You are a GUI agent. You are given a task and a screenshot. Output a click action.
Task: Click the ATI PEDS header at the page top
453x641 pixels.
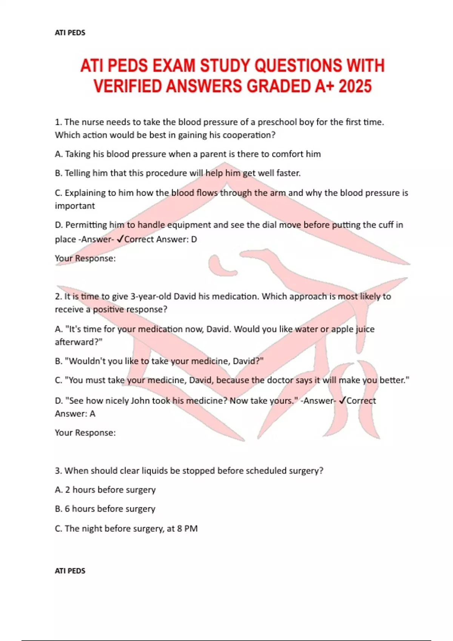tap(70, 33)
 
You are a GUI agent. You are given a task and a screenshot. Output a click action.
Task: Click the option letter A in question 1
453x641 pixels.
tap(58, 154)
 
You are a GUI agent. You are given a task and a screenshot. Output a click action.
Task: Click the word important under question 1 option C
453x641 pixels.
tap(75, 206)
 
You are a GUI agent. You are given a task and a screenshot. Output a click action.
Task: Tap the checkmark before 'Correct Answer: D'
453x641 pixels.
tap(120, 239)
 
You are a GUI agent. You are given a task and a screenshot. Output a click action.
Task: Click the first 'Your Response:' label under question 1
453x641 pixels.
tap(85, 259)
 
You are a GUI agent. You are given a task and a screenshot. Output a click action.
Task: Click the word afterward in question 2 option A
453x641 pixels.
tap(77, 342)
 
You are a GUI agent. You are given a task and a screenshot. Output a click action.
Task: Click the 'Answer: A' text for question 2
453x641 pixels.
tap(75, 414)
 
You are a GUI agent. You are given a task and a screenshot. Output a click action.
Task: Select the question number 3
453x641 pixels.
tap(58, 471)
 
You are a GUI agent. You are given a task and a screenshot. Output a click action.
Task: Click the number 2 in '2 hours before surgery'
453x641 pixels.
tap(67, 490)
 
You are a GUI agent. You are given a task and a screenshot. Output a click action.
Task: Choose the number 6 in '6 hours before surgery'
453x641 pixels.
tap(67, 509)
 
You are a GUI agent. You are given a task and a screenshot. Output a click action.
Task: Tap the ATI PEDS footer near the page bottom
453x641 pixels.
tap(70, 571)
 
